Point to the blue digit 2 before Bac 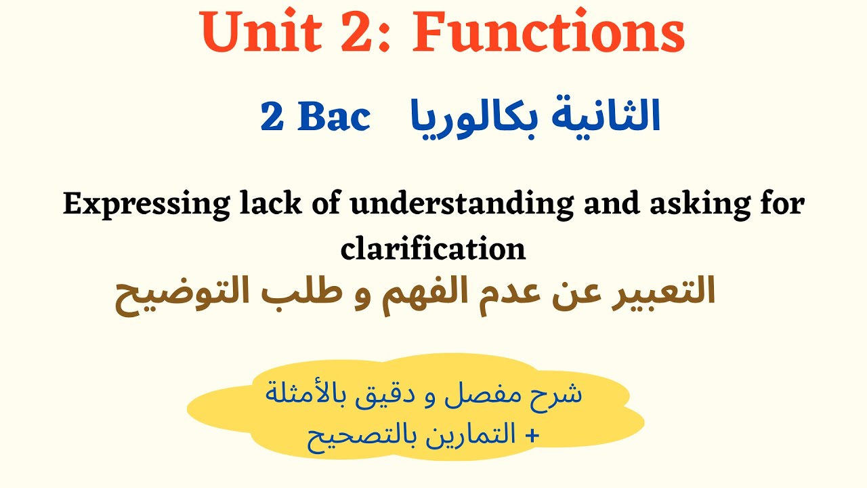[272, 118]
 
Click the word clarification [433, 249]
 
